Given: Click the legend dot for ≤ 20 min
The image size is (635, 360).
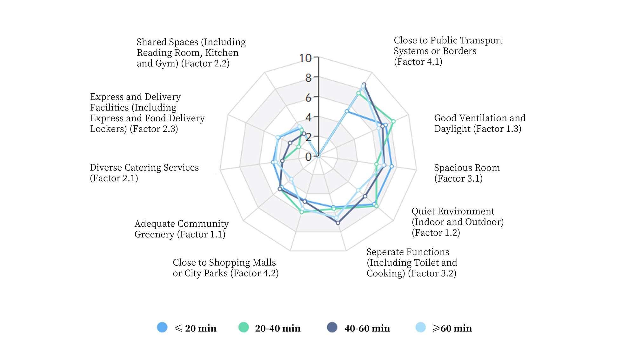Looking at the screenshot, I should (162, 327).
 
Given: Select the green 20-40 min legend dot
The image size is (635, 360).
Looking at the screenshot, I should (244, 327).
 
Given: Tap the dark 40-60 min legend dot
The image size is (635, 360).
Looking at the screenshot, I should (332, 327).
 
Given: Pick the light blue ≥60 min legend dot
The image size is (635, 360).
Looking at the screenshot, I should (421, 327).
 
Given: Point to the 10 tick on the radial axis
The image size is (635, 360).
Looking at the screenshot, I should (305, 58).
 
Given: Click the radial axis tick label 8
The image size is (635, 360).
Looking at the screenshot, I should (308, 78).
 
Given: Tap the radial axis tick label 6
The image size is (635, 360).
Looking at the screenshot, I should (308, 98).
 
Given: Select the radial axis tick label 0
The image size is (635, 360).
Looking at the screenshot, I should (308, 157).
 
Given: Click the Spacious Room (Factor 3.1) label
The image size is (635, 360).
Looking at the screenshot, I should (467, 173).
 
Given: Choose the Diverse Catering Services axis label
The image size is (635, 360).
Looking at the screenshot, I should (144, 173).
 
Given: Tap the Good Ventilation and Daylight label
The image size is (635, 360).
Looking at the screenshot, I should (480, 123).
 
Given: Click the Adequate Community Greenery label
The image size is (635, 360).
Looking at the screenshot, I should (181, 229).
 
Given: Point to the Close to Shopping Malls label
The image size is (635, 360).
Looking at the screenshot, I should (225, 268).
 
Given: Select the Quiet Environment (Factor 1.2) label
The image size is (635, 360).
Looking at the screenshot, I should (458, 222).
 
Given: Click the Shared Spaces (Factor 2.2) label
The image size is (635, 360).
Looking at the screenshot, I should (191, 53).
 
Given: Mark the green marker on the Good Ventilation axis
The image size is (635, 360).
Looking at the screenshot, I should (393, 121).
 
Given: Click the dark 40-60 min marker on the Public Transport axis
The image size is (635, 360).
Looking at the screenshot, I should (364, 85).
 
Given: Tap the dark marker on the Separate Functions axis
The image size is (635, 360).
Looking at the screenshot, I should (338, 223).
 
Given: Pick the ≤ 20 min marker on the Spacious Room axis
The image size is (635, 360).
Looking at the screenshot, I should (392, 166).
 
